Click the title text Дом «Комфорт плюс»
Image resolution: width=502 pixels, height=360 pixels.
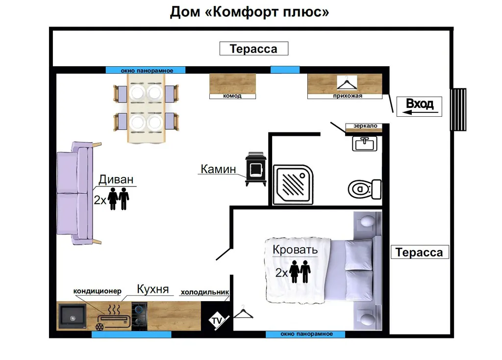[x=250, y=12]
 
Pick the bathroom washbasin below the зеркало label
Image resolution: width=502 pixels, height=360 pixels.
[x=365, y=143]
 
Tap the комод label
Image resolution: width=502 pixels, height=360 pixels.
[x=232, y=96]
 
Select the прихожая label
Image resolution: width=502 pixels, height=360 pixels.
[x=347, y=96]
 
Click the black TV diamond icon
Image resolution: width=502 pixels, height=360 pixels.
[x=216, y=321]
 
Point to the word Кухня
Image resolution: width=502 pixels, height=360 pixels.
[x=152, y=289]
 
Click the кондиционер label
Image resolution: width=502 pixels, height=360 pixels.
[x=97, y=291]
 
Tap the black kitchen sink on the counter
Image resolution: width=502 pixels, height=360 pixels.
[x=72, y=316]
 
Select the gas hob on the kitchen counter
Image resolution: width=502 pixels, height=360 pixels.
[x=139, y=316]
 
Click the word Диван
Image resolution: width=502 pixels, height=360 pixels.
[x=116, y=180]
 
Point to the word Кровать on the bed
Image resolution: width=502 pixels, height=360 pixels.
[x=295, y=250]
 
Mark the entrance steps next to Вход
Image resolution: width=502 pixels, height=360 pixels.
[x=458, y=109]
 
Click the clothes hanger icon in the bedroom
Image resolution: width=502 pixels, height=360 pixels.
[x=243, y=312]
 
